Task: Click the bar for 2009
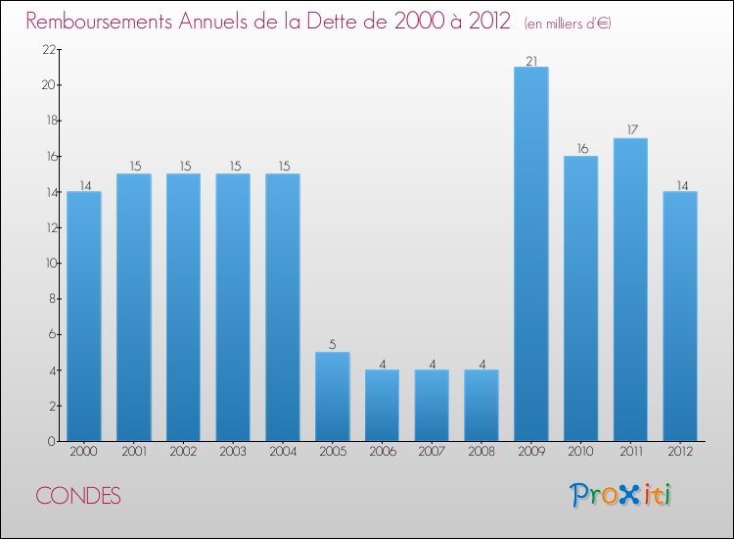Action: click(x=530, y=254)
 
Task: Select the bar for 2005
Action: click(x=332, y=396)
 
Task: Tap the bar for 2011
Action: click(x=630, y=289)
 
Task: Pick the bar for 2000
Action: click(x=84, y=316)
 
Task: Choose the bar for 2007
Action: click(x=432, y=405)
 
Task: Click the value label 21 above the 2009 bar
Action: click(x=530, y=60)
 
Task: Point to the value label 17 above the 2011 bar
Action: click(x=630, y=130)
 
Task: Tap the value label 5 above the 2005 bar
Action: click(x=332, y=344)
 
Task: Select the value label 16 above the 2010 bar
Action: click(x=580, y=149)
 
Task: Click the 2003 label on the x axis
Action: click(x=233, y=452)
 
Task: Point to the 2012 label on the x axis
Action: click(x=680, y=452)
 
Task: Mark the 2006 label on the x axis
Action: click(x=382, y=452)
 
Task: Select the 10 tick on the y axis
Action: click(x=49, y=264)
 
